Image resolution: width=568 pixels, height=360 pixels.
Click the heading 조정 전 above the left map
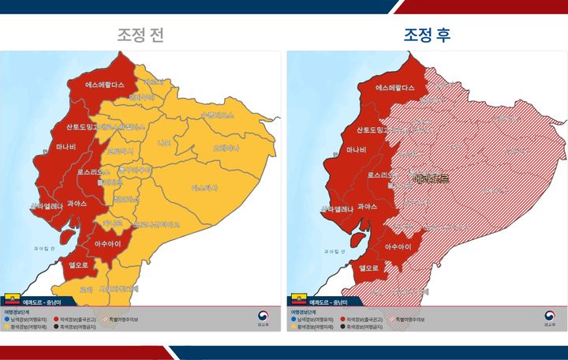141,36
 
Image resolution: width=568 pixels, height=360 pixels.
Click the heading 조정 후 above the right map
428,36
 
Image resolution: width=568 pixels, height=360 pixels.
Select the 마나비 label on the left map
66,147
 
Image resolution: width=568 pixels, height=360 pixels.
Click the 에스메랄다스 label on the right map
395,88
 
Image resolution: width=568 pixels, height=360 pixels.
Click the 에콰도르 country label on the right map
431,179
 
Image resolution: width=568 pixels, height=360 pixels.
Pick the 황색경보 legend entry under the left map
28,326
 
